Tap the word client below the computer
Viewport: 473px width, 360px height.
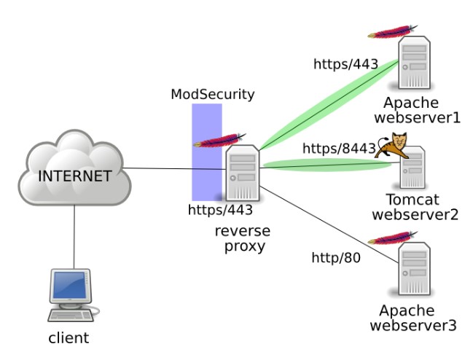pyautogui.click(x=69, y=338)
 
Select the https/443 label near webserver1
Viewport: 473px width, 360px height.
pyautogui.click(x=345, y=64)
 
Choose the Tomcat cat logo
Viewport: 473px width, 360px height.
pyautogui.click(x=391, y=146)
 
